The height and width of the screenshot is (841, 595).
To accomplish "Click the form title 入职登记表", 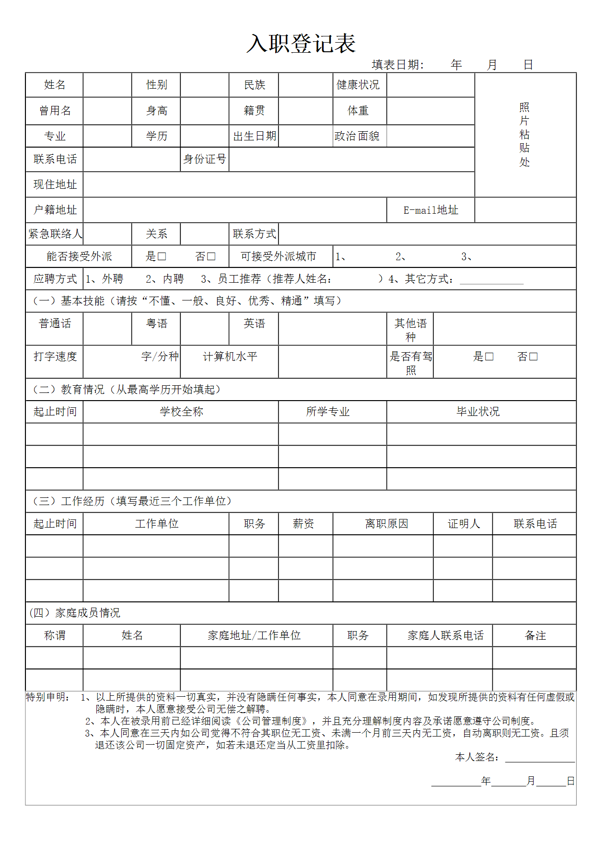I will tap(301, 44).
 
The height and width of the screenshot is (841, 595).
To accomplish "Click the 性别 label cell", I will tap(156, 85).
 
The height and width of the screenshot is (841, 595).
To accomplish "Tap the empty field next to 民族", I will tap(305, 85).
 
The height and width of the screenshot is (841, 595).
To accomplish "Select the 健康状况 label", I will tap(358, 85).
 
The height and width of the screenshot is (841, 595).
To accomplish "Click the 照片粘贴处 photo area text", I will tap(525, 135).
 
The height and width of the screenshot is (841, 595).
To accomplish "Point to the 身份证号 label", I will tap(205, 159).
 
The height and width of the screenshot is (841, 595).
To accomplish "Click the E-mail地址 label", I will tap(431, 210).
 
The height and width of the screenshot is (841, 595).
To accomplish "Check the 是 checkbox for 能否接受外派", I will tap(162, 257).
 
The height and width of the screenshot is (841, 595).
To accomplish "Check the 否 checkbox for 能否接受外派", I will tap(211, 257).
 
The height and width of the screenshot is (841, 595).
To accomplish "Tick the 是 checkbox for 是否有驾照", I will tap(490, 357).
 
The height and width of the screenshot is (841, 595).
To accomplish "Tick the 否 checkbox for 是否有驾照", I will tap(534, 357).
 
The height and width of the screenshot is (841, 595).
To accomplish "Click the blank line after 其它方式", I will tap(491, 280).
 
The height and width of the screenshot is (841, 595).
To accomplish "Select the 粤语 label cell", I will tap(156, 323).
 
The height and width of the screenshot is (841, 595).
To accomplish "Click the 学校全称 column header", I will tap(181, 412).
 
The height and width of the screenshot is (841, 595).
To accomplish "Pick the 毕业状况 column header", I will tap(478, 412).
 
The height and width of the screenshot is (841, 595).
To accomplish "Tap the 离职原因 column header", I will tap(386, 524).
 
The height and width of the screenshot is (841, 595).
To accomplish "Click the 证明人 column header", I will tap(464, 524).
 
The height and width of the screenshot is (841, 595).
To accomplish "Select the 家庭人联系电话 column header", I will tap(445, 635).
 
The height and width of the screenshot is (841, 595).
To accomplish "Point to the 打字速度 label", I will tap(55, 357).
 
